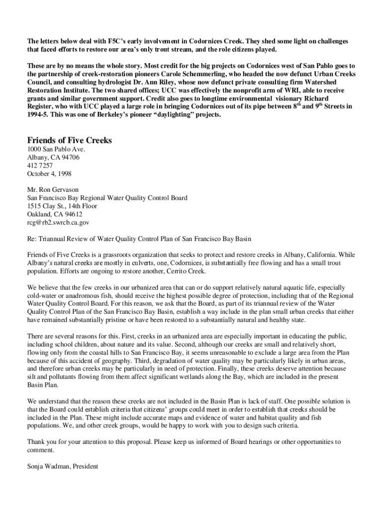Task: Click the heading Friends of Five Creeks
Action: pos(69,140)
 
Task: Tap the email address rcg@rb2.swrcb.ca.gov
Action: pos(58,223)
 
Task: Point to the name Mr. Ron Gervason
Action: pos(53,189)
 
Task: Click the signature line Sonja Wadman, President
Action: pos(63,466)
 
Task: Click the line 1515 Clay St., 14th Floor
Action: pos(62,206)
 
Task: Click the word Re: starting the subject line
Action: pos(32,239)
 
